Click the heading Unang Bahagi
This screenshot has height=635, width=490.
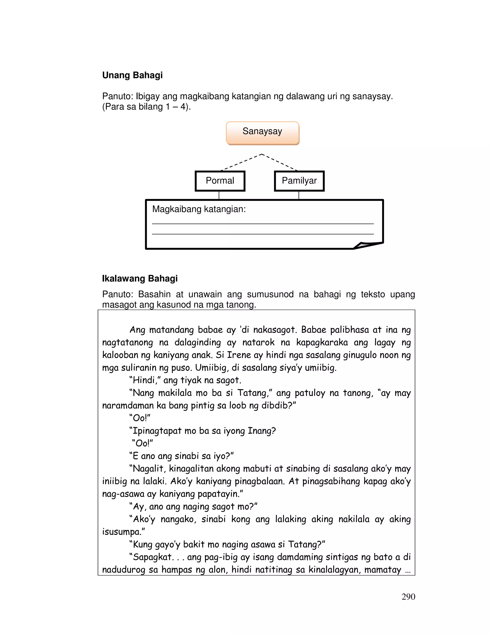[132, 75]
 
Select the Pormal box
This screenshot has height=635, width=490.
[220, 181]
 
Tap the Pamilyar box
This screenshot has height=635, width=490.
[299, 181]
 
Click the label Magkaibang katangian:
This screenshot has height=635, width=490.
[199, 209]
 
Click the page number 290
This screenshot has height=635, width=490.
[408, 597]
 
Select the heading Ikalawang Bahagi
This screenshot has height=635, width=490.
[140, 278]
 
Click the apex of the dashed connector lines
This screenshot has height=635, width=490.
[262, 154]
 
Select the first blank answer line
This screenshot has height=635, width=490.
[262, 223]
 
